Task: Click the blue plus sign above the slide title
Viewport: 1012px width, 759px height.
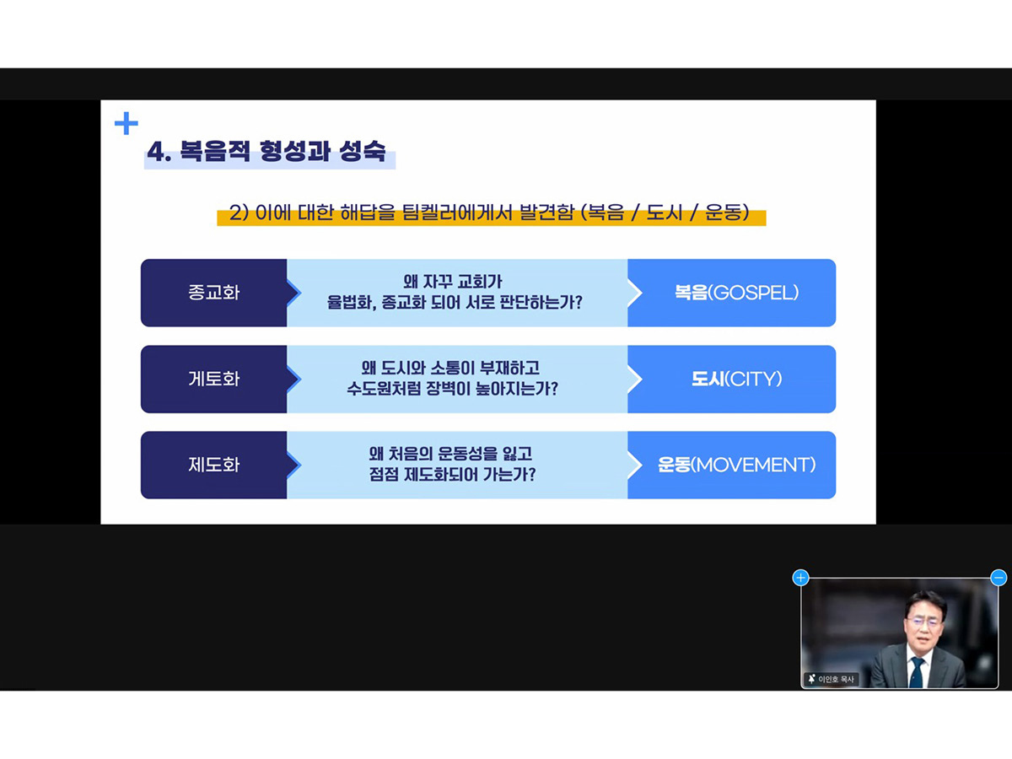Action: [126, 123]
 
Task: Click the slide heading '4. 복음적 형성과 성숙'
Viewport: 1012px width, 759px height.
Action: [266, 151]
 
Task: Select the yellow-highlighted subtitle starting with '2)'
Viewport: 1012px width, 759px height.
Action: [489, 213]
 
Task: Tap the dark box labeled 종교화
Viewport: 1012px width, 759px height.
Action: [214, 293]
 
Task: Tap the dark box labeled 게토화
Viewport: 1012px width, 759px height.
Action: [214, 379]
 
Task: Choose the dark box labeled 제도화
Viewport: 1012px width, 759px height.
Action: [214, 465]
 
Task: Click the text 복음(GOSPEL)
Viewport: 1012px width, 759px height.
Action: [736, 293]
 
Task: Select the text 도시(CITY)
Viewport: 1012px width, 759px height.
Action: [736, 379]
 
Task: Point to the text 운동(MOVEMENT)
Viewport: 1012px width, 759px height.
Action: [736, 465]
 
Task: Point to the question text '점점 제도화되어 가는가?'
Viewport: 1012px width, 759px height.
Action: [452, 475]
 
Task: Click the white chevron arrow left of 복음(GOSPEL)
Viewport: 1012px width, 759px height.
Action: [635, 293]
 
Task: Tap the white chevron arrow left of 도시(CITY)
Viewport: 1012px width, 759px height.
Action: [635, 379]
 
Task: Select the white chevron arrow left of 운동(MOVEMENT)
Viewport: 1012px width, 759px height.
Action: [635, 465]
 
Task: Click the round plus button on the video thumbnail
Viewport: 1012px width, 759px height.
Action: [800, 578]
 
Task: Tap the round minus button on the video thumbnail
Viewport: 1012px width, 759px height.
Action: [999, 578]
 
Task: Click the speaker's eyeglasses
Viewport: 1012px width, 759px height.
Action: [924, 622]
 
